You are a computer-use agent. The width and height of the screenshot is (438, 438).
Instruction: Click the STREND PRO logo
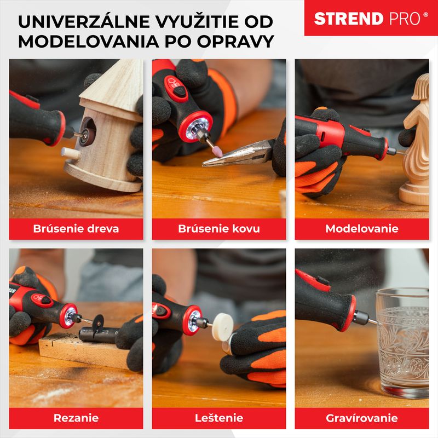coord(371,19)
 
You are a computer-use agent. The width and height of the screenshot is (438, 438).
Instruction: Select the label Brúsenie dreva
coord(76,228)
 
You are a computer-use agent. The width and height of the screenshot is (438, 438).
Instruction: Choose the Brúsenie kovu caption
coord(219,228)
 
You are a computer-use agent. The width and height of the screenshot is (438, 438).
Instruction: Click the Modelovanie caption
coord(362,228)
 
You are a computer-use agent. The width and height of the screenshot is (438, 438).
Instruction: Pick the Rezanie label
coord(76,418)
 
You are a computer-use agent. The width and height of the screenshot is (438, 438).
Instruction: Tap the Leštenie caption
coord(219,418)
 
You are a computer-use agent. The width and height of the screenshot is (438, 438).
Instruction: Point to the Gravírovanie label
coord(362,418)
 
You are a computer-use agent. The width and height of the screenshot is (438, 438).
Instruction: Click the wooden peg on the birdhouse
coord(70,153)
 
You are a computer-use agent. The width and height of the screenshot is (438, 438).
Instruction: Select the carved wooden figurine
coord(417,142)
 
